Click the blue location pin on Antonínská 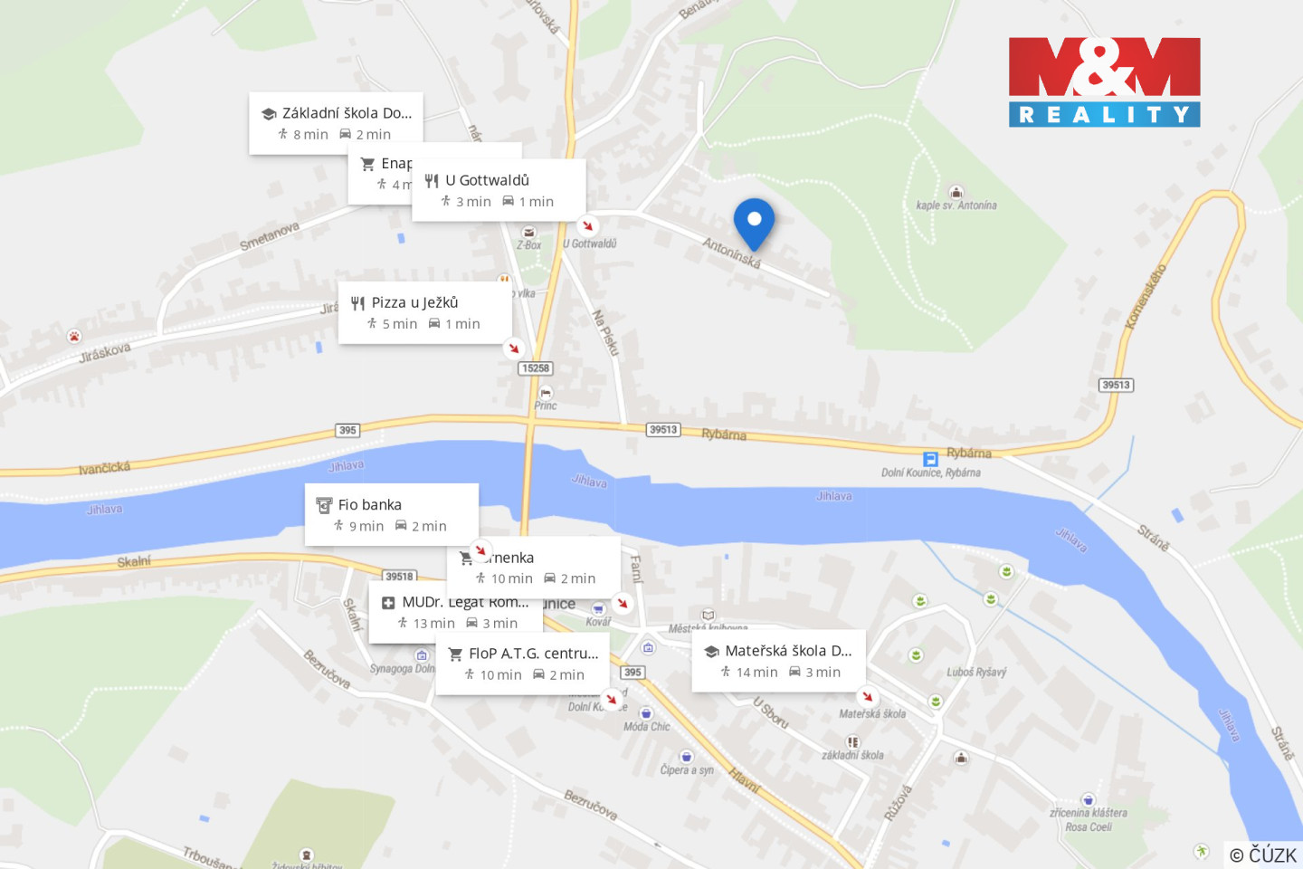(x=754, y=222)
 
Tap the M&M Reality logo (x=1104, y=81)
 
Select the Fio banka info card (x=391, y=514)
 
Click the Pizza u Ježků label (x=414, y=302)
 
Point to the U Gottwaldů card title (x=487, y=180)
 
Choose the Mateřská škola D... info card (x=778, y=660)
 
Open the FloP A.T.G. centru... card (x=522, y=663)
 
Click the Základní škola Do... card (x=336, y=122)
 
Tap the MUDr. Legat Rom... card (x=455, y=613)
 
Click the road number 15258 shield (x=535, y=368)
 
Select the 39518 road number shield (x=399, y=576)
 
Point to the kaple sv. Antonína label (x=956, y=205)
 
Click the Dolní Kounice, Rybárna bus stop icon (x=929, y=459)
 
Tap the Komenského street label (x=1146, y=296)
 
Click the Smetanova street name (x=270, y=236)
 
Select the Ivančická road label (x=104, y=468)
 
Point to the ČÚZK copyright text (x=1263, y=855)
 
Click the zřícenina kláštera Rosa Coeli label (x=1089, y=819)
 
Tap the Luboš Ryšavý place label (x=976, y=673)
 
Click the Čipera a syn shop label (x=687, y=769)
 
